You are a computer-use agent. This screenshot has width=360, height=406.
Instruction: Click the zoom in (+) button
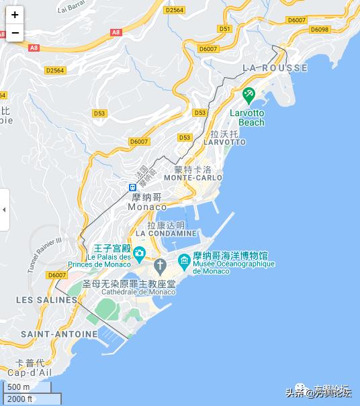15,14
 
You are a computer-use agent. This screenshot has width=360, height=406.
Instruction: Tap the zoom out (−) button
15,32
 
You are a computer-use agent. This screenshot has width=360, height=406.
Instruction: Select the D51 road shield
225,28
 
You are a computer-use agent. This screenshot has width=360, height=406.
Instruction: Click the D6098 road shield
320,30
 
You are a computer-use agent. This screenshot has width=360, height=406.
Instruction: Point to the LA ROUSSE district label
275,68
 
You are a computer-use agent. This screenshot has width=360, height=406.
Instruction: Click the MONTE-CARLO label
193,178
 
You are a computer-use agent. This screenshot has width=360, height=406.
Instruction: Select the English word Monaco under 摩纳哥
147,207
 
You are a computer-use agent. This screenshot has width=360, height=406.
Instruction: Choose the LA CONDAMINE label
167,234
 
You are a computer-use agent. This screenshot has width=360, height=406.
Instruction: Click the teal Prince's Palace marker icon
139,254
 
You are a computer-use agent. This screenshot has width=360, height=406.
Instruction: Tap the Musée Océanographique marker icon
183,260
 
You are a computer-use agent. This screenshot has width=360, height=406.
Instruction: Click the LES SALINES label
46,299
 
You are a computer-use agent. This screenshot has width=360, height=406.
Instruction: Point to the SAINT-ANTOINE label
59,334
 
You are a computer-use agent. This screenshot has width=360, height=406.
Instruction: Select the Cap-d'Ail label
26,372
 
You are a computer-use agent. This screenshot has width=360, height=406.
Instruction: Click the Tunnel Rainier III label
44,254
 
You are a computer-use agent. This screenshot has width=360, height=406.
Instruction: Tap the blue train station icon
133,188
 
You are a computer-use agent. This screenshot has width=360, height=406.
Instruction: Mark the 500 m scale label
19,387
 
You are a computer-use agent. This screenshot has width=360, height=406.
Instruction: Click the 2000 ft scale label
20,399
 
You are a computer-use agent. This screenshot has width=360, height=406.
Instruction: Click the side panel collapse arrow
4,209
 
